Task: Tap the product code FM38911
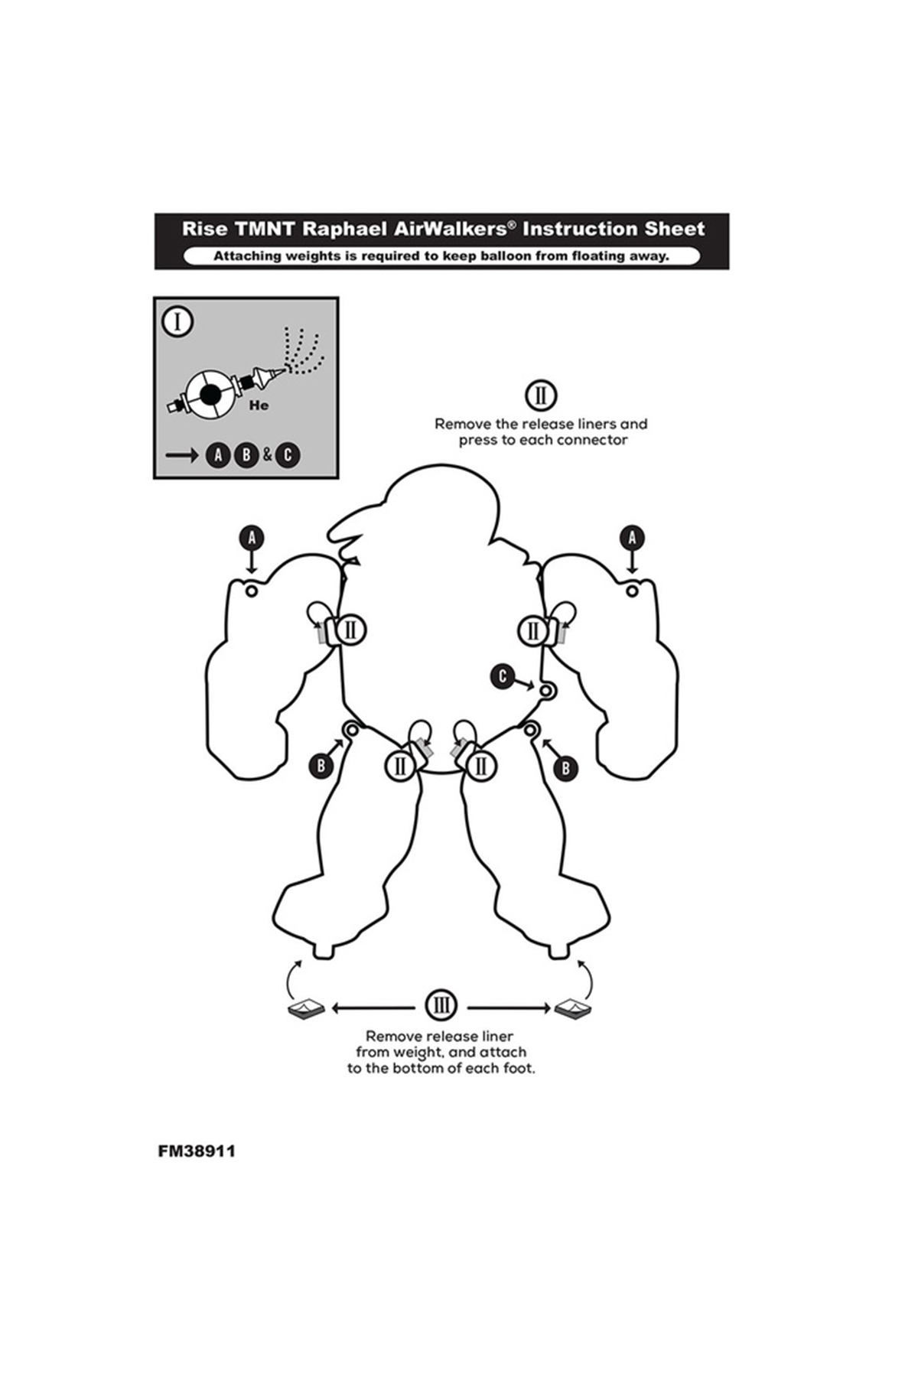point(197,1151)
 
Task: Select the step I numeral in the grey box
point(178,322)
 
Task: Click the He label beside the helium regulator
point(259,406)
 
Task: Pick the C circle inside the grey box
point(287,455)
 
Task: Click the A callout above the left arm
point(252,538)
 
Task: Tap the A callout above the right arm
point(632,538)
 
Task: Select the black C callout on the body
point(503,676)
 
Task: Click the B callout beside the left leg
point(321,765)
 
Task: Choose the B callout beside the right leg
point(565,767)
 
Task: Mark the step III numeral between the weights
point(441,1005)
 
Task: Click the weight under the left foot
point(307,1010)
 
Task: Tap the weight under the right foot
point(573,1009)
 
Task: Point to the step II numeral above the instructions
point(541,396)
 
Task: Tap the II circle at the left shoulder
point(351,630)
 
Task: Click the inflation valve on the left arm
point(252,591)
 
